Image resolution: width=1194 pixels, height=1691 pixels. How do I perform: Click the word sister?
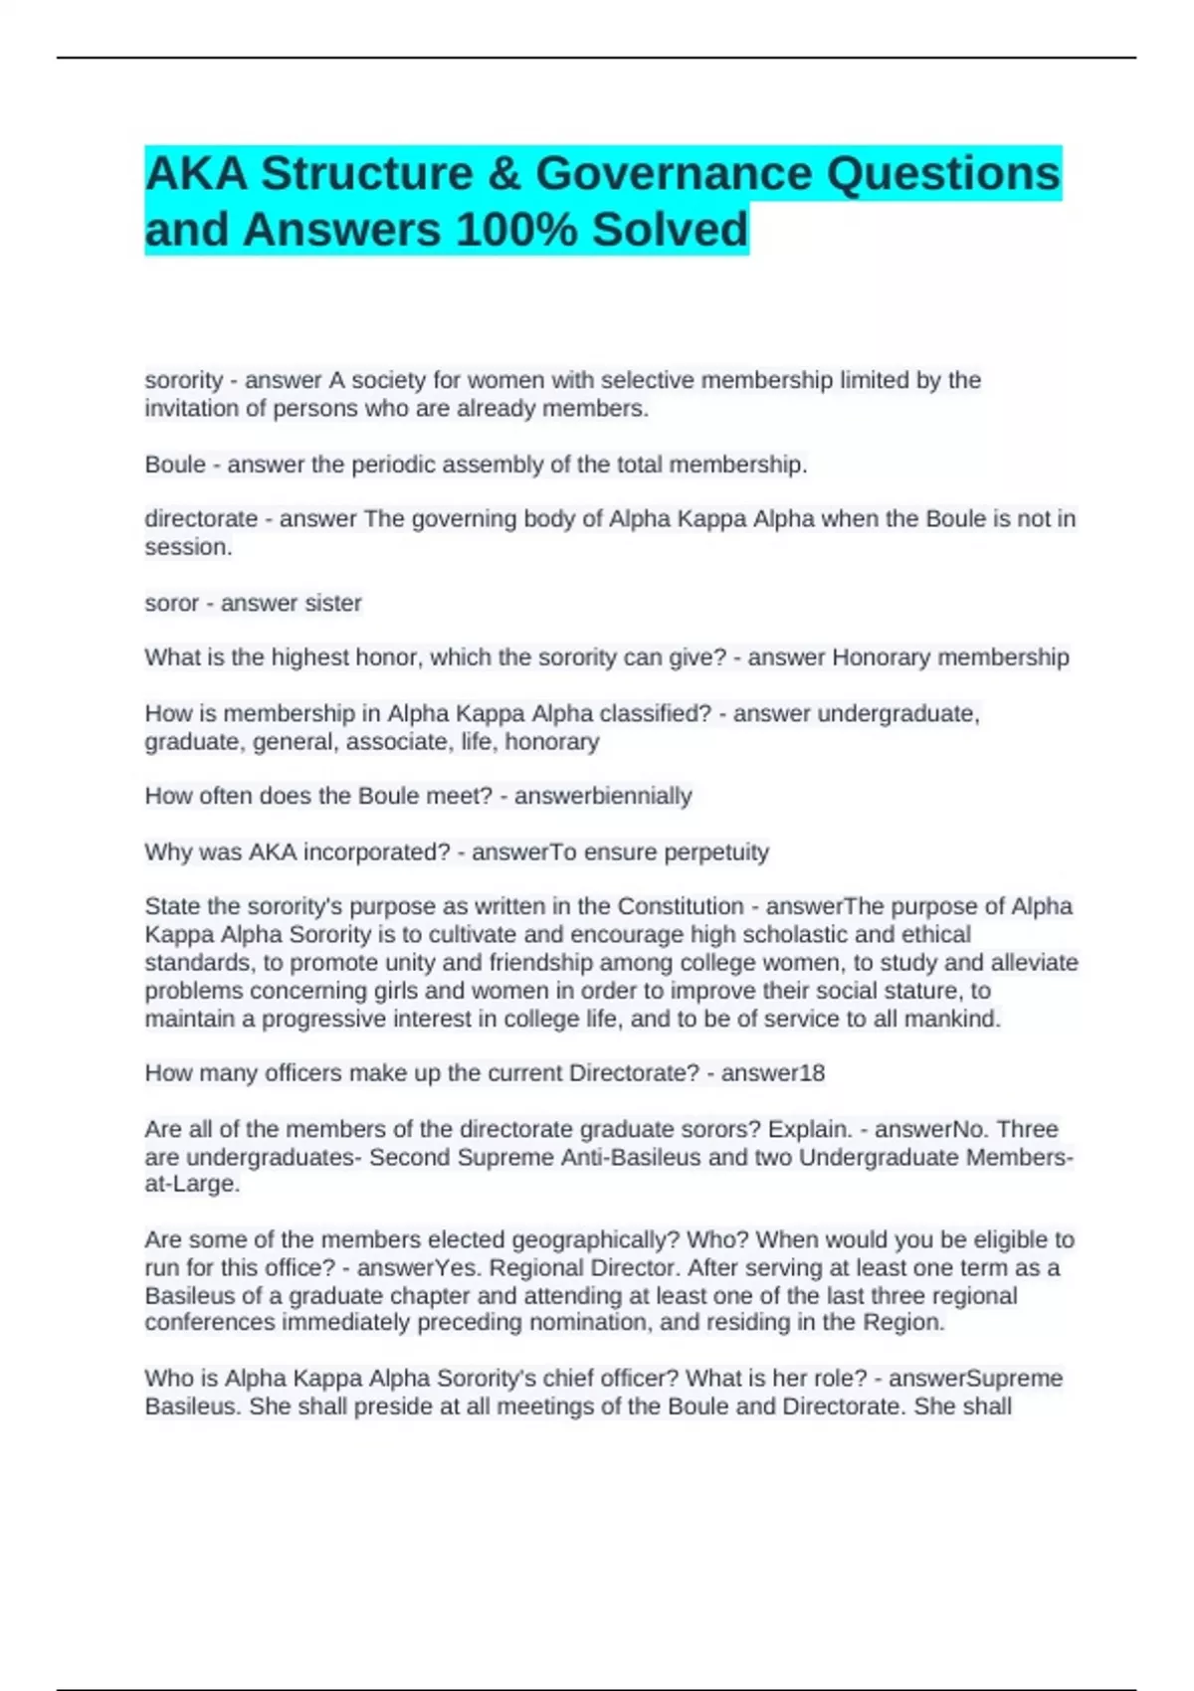click(333, 603)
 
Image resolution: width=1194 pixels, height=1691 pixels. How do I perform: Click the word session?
click(188, 547)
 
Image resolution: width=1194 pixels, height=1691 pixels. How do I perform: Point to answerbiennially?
click(603, 796)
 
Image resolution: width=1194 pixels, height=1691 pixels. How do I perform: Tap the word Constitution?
click(681, 906)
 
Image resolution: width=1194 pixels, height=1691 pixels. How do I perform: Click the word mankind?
click(952, 1019)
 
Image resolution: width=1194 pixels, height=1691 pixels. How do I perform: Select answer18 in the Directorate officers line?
click(773, 1073)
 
